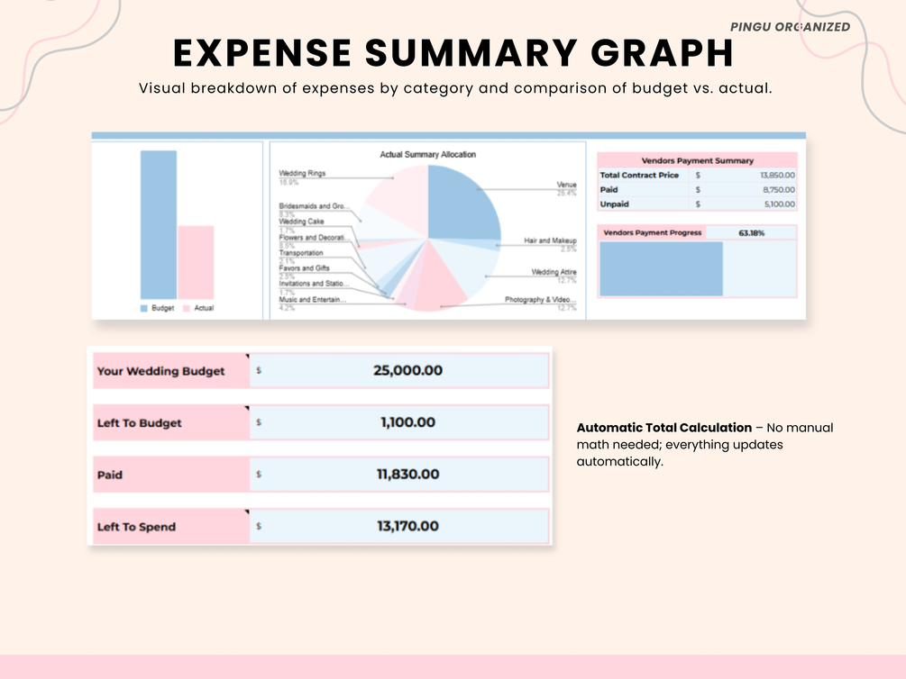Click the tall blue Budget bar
pos(159,224)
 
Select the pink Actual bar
pos(196,262)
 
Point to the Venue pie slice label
pos(566,185)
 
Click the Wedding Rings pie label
pos(302,173)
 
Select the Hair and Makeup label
pos(550,241)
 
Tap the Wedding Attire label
pos(554,271)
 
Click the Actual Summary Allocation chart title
pos(427,155)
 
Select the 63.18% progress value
pos(751,233)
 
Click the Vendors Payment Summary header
pos(697,160)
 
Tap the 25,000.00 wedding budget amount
pos(407,371)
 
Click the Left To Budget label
pos(140,423)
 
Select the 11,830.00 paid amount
pos(407,475)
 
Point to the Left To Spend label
pos(136,527)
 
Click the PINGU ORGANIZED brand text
pos(790,27)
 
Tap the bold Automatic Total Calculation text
pos(663,427)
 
